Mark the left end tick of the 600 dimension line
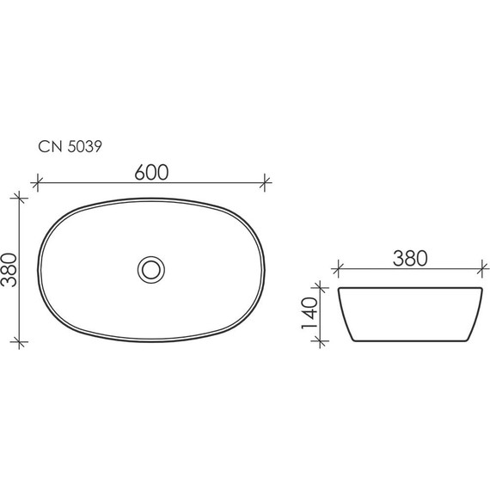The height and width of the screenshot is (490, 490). pyautogui.click(x=37, y=182)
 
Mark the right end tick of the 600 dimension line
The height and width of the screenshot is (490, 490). pyautogui.click(x=266, y=182)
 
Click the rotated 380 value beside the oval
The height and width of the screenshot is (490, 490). pyautogui.click(x=10, y=270)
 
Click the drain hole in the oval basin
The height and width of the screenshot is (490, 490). pyautogui.click(x=151, y=269)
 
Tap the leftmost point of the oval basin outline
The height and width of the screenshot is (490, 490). pyautogui.click(x=38, y=269)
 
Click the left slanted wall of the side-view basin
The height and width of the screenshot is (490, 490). pyautogui.click(x=345, y=315)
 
